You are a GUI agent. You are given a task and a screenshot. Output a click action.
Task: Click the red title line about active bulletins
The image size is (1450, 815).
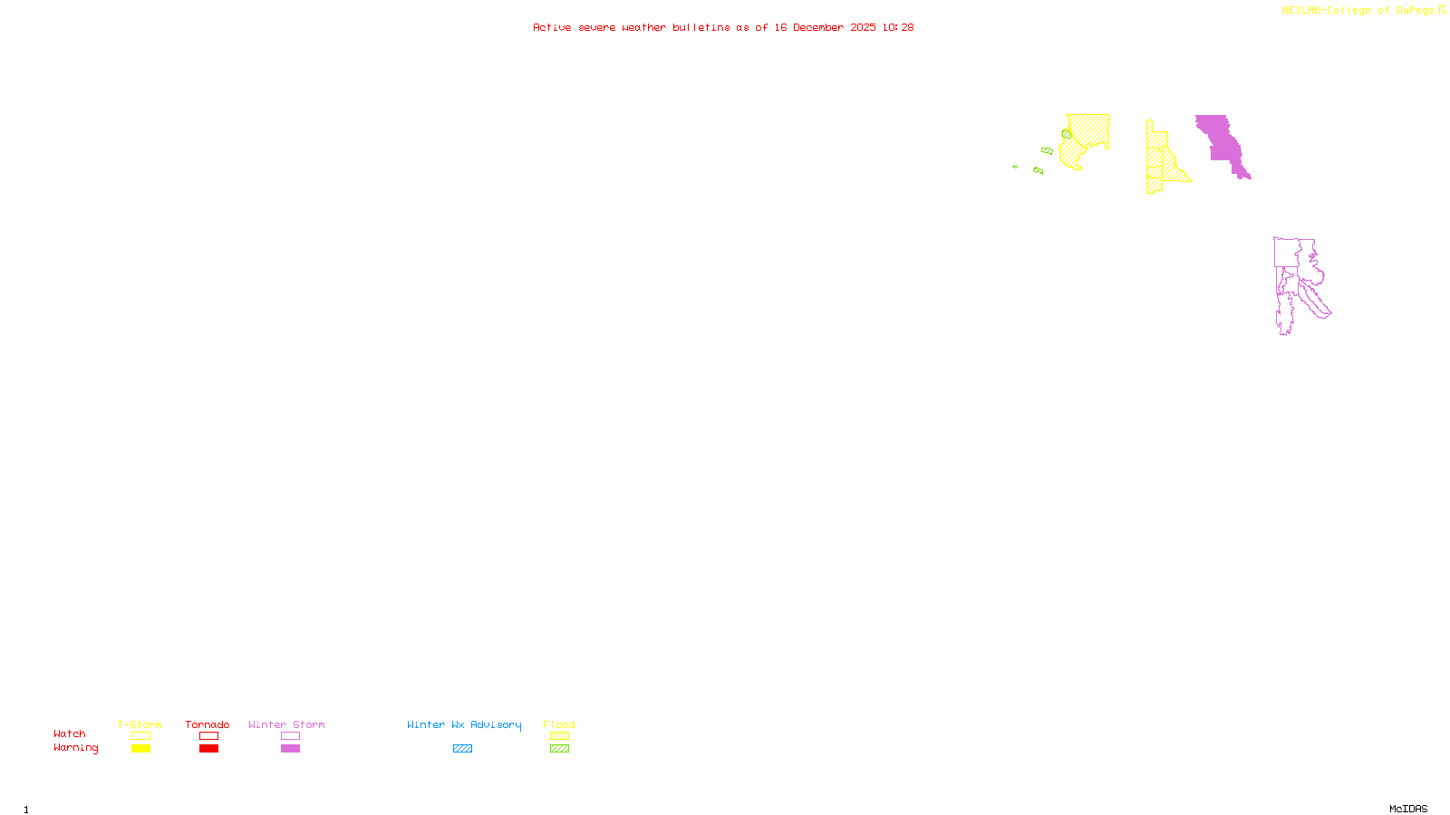point(722,27)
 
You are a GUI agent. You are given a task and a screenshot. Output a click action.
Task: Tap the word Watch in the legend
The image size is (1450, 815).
point(70,733)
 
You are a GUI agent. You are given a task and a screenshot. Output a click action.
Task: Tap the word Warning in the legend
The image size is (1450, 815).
point(75,748)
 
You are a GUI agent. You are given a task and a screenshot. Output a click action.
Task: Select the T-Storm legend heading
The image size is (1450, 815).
point(140,724)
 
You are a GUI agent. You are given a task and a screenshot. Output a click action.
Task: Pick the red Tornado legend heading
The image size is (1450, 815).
point(208,724)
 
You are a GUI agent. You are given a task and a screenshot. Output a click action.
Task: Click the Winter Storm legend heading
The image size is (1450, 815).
point(286,724)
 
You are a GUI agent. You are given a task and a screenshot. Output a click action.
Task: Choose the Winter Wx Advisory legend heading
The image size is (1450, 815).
point(464,724)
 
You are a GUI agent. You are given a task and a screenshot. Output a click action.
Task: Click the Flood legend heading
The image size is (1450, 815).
point(559,724)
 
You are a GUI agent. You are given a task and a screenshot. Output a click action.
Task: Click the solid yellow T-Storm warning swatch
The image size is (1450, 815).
point(140,749)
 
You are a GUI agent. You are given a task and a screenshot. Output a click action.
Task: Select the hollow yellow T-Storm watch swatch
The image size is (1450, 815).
point(140,736)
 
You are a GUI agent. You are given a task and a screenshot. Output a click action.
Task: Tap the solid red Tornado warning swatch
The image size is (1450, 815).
point(208,749)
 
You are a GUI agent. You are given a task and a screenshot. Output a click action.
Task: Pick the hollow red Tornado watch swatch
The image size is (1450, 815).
point(208,736)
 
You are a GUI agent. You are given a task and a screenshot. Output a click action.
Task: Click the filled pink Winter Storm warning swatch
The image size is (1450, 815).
point(290,749)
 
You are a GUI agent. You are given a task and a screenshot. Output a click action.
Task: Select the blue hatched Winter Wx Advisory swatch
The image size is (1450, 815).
point(462,749)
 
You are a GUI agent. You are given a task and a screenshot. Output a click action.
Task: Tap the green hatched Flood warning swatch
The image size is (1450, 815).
point(559,749)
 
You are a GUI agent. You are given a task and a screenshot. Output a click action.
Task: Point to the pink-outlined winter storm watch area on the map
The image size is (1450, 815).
point(1287,254)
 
